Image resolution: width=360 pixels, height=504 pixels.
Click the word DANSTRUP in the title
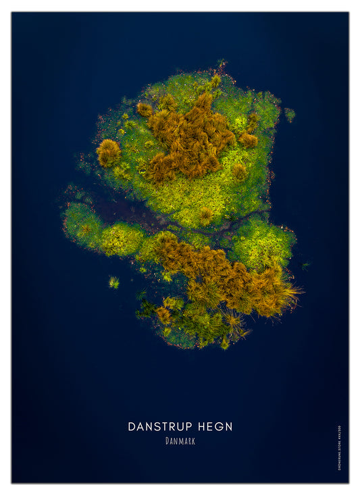point(160,426)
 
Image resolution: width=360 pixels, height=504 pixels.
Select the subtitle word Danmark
point(180,441)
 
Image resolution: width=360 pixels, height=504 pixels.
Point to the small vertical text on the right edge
point(339,447)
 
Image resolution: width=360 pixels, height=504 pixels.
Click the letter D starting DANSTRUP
point(132,426)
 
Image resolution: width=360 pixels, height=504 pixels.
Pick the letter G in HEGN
point(217,426)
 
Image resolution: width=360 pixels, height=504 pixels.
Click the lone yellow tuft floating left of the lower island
point(113,282)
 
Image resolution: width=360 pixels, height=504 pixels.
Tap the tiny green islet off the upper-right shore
point(290,114)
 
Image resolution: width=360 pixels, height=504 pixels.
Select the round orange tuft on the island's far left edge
point(108,153)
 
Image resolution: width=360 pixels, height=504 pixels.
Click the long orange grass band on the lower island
point(223,274)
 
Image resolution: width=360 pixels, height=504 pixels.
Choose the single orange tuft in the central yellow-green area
point(205,216)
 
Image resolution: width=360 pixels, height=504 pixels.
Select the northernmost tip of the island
point(221,66)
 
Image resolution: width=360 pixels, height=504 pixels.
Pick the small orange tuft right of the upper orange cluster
point(249,139)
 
